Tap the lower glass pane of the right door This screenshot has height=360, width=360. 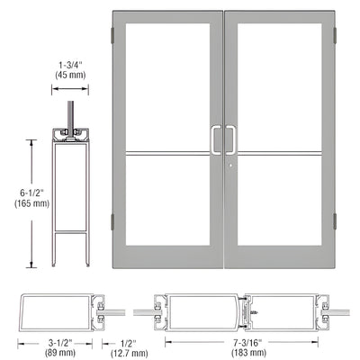point(283,202)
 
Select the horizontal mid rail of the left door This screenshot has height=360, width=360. point(168,151)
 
